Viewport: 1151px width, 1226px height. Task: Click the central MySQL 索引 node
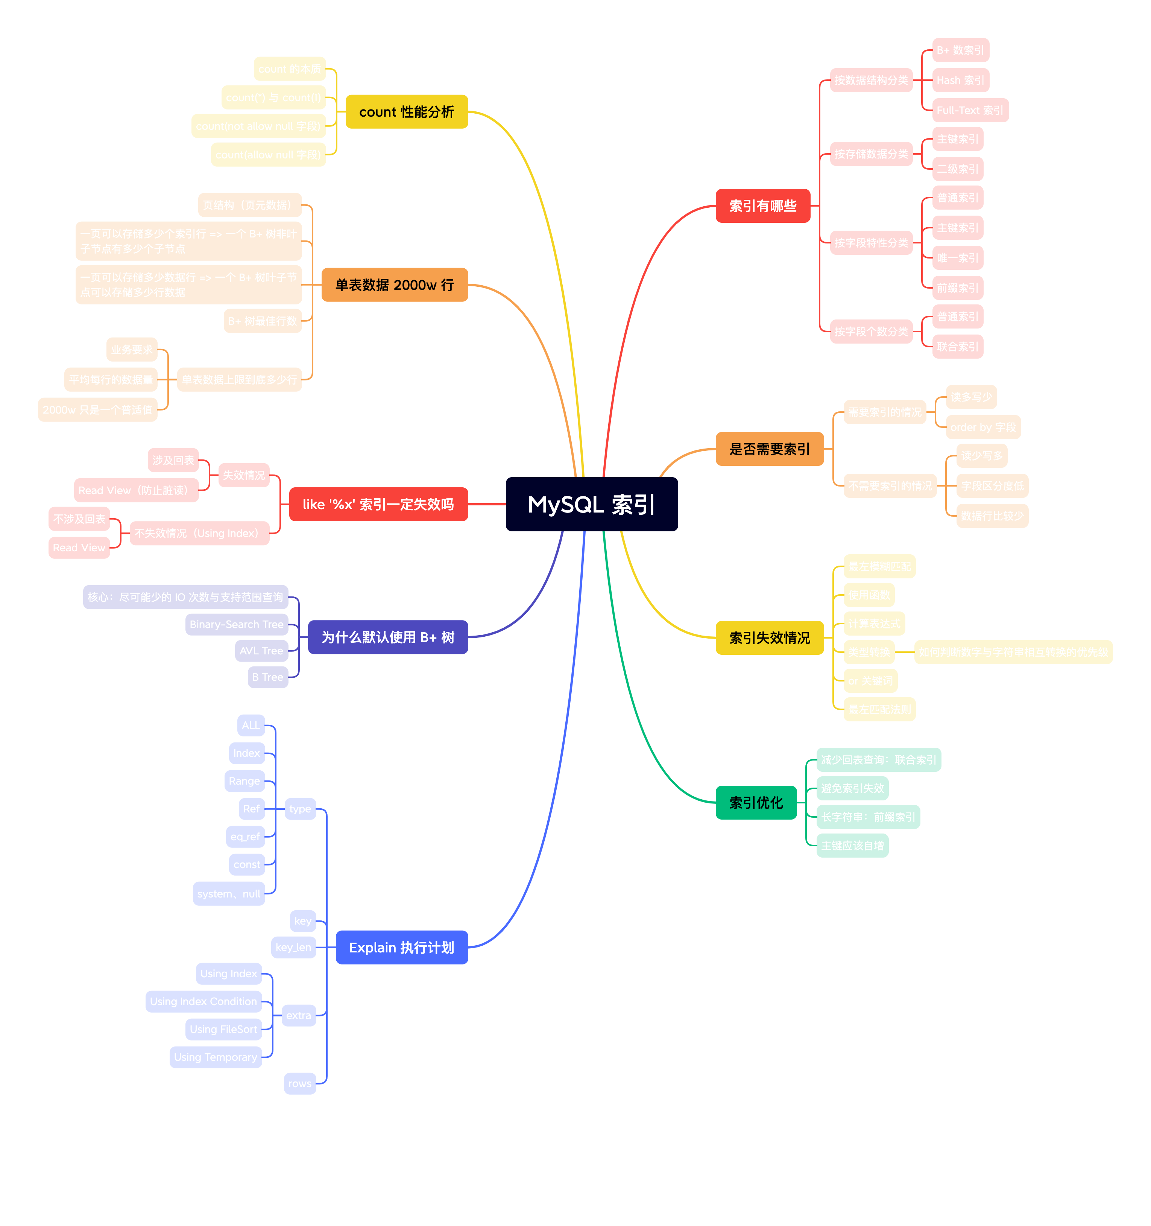pyautogui.click(x=591, y=505)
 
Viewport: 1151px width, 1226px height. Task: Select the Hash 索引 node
pyautogui.click(x=960, y=80)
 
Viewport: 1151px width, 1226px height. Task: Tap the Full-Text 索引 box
pyautogui.click(x=970, y=110)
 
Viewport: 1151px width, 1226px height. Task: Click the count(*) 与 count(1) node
pyautogui.click(x=273, y=97)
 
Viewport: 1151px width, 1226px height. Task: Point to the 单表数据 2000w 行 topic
pyautogui.click(x=395, y=285)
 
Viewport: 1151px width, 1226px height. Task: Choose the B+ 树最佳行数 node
pyautogui.click(x=263, y=321)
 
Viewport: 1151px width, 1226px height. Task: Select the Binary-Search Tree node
pyautogui.click(x=236, y=624)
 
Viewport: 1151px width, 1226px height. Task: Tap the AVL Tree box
pyautogui.click(x=261, y=651)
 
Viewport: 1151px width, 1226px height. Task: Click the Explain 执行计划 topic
pyautogui.click(x=401, y=947)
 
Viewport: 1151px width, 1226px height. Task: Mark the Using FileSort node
pyautogui.click(x=223, y=1029)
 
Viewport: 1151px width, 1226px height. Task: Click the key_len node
pyautogui.click(x=293, y=947)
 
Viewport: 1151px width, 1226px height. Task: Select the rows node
pyautogui.click(x=300, y=1083)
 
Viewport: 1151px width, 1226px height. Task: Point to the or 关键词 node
pyautogui.click(x=870, y=681)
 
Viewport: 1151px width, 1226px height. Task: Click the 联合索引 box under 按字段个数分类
pyautogui.click(x=957, y=347)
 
